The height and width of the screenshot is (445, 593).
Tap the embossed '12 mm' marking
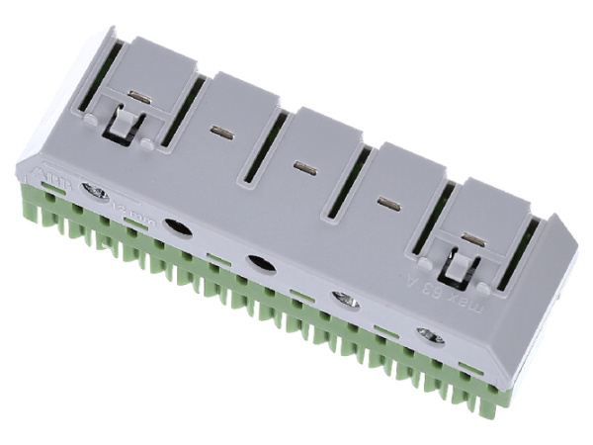[126, 206]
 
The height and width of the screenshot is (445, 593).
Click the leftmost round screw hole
[96, 191]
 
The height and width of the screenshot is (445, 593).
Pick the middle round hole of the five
[260, 263]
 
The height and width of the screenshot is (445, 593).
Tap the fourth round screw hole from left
[344, 299]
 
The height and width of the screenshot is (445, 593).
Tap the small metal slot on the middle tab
[303, 166]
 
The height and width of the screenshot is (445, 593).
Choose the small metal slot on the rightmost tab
[472, 238]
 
